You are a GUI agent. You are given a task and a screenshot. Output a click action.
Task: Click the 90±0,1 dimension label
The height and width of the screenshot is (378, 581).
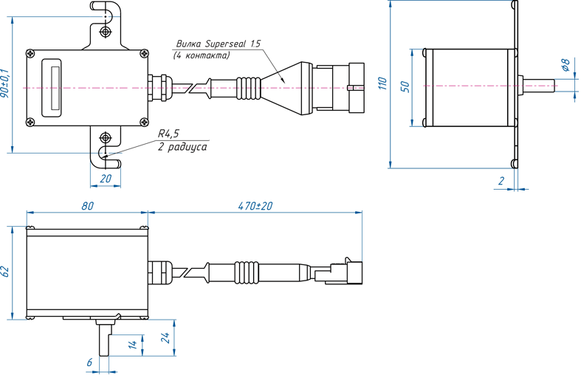[5, 83]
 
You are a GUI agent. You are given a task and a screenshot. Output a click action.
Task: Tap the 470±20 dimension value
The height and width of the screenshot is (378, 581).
[255, 206]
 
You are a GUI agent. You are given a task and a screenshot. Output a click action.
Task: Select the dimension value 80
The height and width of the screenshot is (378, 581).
[87, 206]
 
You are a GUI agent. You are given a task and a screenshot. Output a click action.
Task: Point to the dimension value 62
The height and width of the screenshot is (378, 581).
[5, 272]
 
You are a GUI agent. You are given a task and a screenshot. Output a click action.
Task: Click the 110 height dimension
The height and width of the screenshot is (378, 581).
[382, 83]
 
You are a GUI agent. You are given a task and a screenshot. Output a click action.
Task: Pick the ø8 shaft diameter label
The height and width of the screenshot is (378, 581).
[565, 65]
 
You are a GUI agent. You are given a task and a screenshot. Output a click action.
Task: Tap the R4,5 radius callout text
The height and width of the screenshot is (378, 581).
[168, 134]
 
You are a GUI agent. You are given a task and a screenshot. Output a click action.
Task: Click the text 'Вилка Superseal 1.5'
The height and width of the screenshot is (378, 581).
[219, 44]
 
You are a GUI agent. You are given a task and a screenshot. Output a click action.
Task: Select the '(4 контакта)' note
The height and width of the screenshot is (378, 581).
[202, 55]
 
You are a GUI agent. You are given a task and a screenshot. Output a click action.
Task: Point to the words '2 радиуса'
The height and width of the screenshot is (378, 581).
[182, 147]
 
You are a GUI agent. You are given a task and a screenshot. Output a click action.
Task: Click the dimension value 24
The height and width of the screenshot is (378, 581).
[165, 337]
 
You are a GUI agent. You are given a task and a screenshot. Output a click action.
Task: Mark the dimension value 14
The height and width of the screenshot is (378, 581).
[133, 344]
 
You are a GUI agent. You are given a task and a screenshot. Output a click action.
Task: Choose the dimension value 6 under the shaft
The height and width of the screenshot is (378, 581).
[89, 362]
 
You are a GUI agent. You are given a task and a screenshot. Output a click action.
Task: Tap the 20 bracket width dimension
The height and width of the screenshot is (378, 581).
[106, 179]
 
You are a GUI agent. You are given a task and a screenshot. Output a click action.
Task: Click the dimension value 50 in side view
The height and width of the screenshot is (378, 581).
[405, 86]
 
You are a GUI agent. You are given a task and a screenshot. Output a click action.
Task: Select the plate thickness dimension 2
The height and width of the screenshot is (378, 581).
[501, 181]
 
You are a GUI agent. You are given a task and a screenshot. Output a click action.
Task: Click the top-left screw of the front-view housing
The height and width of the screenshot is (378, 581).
[30, 54]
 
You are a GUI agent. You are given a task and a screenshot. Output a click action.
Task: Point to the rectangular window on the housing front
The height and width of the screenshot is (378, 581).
[51, 88]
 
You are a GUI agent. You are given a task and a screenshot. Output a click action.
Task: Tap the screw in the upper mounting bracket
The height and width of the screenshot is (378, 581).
[106, 32]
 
